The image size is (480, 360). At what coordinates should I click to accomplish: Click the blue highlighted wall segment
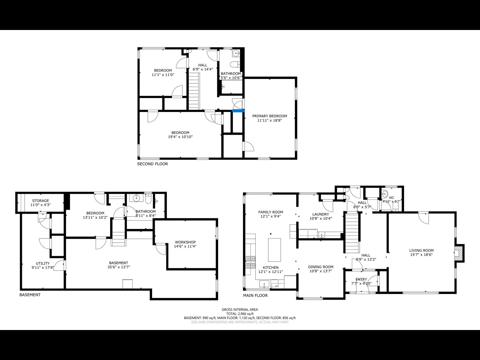238,111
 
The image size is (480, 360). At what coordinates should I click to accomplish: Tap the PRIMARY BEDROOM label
269,116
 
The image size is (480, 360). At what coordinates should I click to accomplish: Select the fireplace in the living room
459,252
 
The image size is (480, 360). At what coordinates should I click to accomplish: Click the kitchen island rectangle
274,250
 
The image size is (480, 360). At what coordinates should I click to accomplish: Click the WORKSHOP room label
185,242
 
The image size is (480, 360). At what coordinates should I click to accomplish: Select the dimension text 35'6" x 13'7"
118,267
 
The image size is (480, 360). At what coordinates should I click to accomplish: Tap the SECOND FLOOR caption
152,164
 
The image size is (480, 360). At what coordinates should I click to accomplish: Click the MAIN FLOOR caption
255,295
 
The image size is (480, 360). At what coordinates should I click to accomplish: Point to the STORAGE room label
40,201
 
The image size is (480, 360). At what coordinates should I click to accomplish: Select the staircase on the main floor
351,232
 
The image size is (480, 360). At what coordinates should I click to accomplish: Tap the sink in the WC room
385,194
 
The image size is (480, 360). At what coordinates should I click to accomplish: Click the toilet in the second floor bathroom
235,64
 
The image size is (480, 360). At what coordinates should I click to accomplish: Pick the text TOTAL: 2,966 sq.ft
239,314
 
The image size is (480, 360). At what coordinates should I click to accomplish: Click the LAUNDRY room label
320,214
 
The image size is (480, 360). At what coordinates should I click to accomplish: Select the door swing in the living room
424,218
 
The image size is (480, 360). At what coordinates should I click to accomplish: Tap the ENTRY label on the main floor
361,279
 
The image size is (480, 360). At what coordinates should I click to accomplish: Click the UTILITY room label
42,263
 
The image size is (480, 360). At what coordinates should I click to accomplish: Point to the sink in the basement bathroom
137,198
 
